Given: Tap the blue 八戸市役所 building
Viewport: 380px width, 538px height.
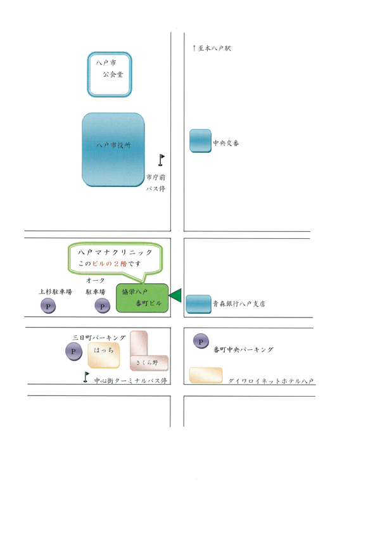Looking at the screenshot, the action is click(113, 150).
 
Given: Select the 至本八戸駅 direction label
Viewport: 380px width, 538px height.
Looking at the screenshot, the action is click(212, 48).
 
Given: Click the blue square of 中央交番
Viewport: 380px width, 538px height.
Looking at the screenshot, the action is click(200, 141).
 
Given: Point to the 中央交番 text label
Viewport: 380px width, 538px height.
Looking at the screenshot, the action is click(226, 143).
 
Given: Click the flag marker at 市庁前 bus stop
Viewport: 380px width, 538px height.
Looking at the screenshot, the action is click(161, 160).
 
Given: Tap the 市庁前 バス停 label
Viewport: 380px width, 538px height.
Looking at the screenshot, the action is click(156, 183).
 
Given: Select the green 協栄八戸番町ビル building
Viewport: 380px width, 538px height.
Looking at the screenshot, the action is click(142, 298).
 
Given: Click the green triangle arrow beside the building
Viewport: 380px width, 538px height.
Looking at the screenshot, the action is click(175, 295).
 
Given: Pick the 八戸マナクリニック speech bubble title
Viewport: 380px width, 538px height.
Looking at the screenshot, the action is click(115, 252).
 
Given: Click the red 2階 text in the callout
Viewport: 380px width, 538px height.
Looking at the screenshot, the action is click(120, 264).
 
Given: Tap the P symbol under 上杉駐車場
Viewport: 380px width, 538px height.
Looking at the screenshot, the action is click(48, 306).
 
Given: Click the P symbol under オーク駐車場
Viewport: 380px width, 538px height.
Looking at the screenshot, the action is click(103, 306).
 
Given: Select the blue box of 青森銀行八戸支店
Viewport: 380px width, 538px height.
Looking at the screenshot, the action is click(198, 304).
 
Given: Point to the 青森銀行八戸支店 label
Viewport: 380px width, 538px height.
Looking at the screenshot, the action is click(239, 304).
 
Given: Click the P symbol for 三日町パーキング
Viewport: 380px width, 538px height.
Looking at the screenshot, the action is click(73, 352).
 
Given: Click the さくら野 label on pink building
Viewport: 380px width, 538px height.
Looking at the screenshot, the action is click(147, 362).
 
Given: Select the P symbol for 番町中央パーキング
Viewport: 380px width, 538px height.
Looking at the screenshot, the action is click(201, 342).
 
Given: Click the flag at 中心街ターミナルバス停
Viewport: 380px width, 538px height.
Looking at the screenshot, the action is click(86, 377).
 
